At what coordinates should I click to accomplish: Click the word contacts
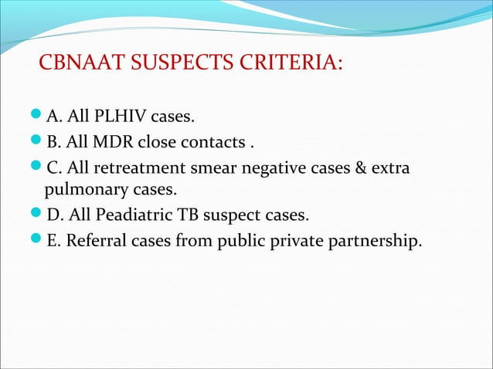click(x=220, y=143)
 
